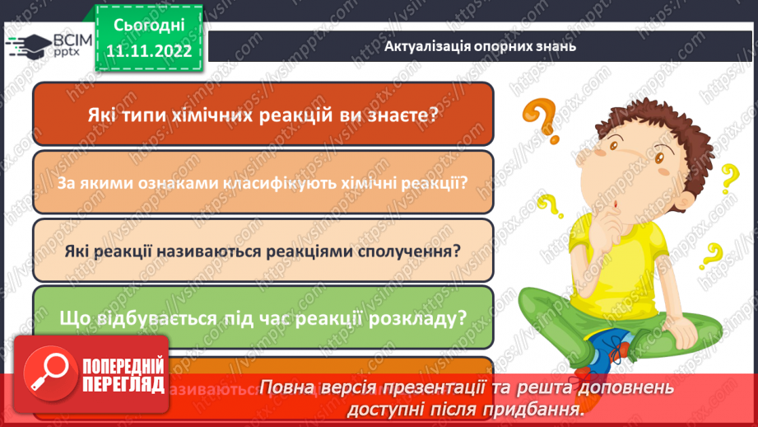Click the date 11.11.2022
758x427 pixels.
[x=149, y=51]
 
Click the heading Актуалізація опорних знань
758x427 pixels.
[x=480, y=47]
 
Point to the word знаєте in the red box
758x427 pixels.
[x=397, y=115]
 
